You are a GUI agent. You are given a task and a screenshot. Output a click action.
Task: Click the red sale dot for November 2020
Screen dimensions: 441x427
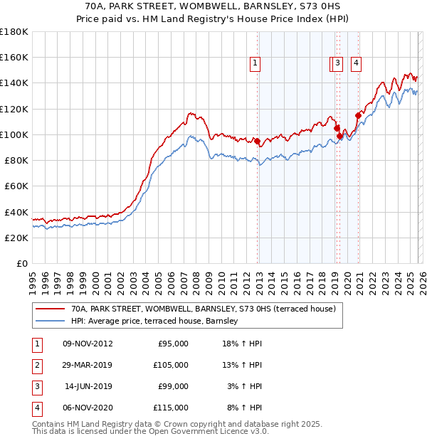(357, 115)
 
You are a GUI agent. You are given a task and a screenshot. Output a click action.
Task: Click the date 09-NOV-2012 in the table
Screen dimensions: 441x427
(88, 344)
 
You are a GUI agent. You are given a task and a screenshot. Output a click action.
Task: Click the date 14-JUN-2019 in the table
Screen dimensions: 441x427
(88, 386)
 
